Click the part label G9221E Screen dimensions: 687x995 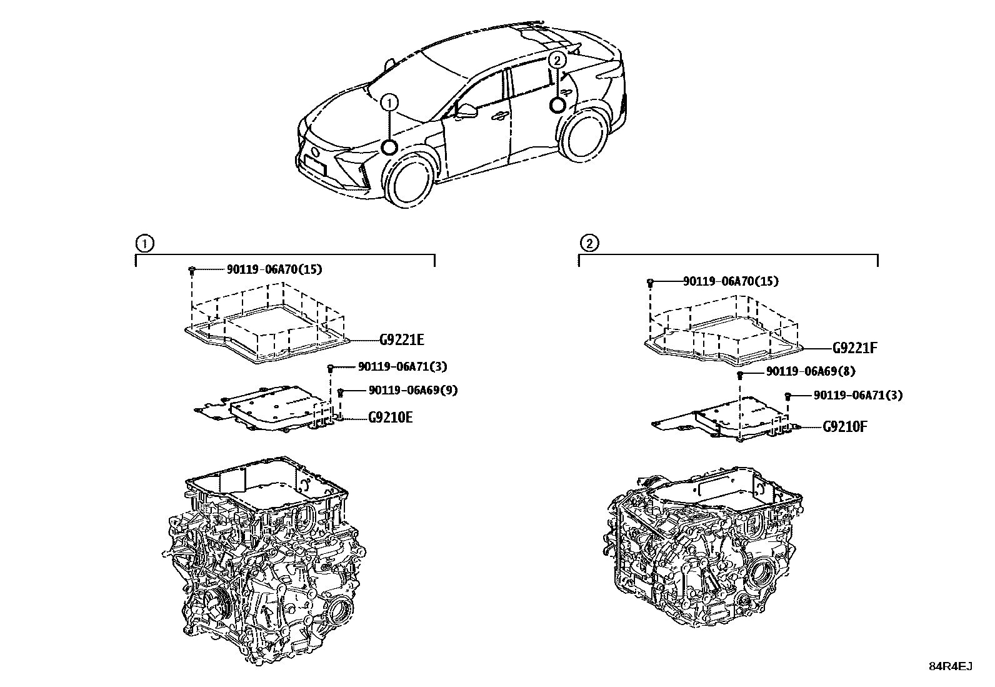click(x=402, y=340)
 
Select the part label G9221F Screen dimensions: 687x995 click(x=854, y=348)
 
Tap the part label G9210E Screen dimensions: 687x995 click(x=390, y=418)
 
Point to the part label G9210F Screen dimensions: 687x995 click(x=844, y=427)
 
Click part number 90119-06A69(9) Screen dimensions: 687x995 click(x=412, y=390)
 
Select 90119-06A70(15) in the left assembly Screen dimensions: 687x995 click(x=269, y=269)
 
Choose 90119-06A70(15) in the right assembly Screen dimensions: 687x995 click(x=731, y=281)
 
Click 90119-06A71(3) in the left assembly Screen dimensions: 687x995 click(x=402, y=367)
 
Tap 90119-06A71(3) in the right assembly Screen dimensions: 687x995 click(x=857, y=395)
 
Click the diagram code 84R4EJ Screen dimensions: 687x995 click(x=950, y=666)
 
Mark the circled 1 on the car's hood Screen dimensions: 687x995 click(x=389, y=101)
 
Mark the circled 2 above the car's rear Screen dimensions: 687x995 click(x=557, y=59)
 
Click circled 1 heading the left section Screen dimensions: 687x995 click(x=144, y=243)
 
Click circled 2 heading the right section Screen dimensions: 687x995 click(x=589, y=243)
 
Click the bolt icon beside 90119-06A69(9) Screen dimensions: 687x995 click(x=341, y=393)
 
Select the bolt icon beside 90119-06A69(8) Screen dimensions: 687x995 click(x=740, y=374)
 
